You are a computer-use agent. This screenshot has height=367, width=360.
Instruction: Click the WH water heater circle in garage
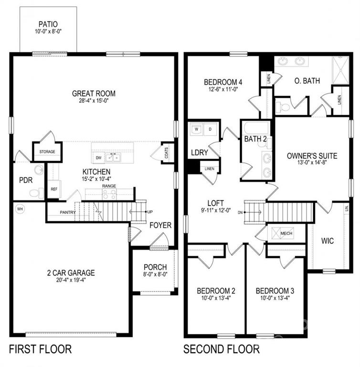(20, 209)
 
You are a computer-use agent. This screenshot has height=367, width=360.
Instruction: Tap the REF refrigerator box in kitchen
(54, 189)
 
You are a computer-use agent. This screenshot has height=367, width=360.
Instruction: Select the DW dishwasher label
(99, 158)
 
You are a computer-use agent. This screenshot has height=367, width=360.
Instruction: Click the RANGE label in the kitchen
(109, 186)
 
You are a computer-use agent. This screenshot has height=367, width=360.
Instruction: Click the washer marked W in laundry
(196, 129)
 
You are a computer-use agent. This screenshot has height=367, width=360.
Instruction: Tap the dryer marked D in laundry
(210, 129)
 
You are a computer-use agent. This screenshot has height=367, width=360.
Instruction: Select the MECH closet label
(286, 233)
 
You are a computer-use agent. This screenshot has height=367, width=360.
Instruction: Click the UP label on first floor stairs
(150, 212)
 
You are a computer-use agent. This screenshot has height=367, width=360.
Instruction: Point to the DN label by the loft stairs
(240, 213)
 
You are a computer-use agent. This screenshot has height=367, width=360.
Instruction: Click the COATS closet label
(166, 152)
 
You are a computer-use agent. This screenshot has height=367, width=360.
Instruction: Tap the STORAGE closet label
(47, 151)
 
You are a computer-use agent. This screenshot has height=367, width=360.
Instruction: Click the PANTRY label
(68, 212)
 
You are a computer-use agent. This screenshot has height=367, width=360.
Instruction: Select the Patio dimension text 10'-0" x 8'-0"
(48, 32)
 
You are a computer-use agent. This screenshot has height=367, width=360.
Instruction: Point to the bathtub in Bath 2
(256, 128)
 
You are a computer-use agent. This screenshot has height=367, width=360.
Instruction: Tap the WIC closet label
(328, 241)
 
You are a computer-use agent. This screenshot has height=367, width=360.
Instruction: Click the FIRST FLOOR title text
(40, 349)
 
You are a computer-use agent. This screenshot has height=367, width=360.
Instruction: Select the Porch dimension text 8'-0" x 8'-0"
(155, 274)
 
